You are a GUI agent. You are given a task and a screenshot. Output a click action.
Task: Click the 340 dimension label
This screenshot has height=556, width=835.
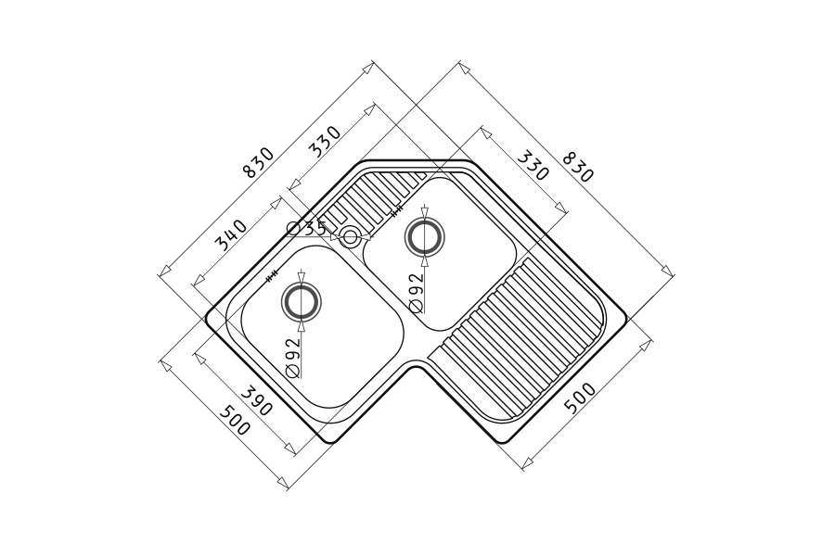tap(231, 234)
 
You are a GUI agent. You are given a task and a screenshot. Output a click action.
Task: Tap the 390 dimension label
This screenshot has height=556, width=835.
tap(257, 400)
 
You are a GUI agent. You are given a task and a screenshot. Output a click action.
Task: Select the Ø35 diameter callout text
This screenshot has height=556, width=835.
tap(306, 229)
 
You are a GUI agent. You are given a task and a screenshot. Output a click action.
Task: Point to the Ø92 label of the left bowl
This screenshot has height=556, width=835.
tap(293, 358)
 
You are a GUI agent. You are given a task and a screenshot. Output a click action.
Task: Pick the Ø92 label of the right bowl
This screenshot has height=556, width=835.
tap(416, 292)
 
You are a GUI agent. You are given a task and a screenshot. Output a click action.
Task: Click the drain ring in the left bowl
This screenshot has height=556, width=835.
tap(301, 302)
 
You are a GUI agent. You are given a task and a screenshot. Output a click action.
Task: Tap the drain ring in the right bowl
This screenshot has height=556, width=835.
tap(424, 235)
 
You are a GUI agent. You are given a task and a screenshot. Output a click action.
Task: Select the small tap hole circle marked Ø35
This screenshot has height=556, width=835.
tap(350, 237)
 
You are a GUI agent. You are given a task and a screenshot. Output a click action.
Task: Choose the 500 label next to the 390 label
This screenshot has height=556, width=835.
tap(235, 420)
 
